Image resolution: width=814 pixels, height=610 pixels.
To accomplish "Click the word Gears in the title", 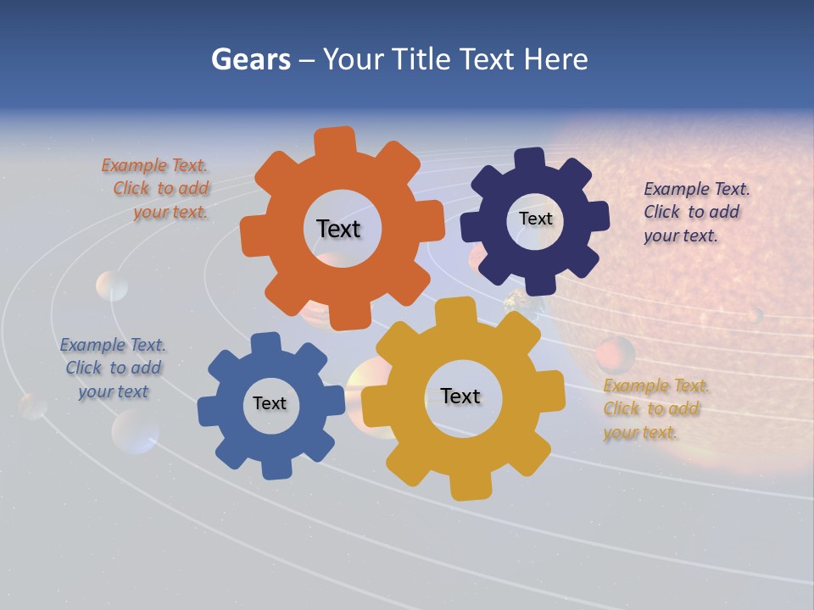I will [250, 59].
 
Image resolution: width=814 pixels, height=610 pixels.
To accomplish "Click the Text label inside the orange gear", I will [338, 229].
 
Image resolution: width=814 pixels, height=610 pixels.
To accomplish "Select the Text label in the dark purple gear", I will [535, 219].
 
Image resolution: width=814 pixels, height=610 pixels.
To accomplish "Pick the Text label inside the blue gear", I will [270, 403].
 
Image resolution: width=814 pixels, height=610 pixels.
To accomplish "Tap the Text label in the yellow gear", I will [460, 396].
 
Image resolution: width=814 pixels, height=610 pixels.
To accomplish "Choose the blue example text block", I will [113, 368].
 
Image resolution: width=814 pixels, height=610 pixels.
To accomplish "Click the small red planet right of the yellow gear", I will [615, 352].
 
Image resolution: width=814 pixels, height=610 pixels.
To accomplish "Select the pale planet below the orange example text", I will [112, 286].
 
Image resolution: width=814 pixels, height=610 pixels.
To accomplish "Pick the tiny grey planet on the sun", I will [754, 315].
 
